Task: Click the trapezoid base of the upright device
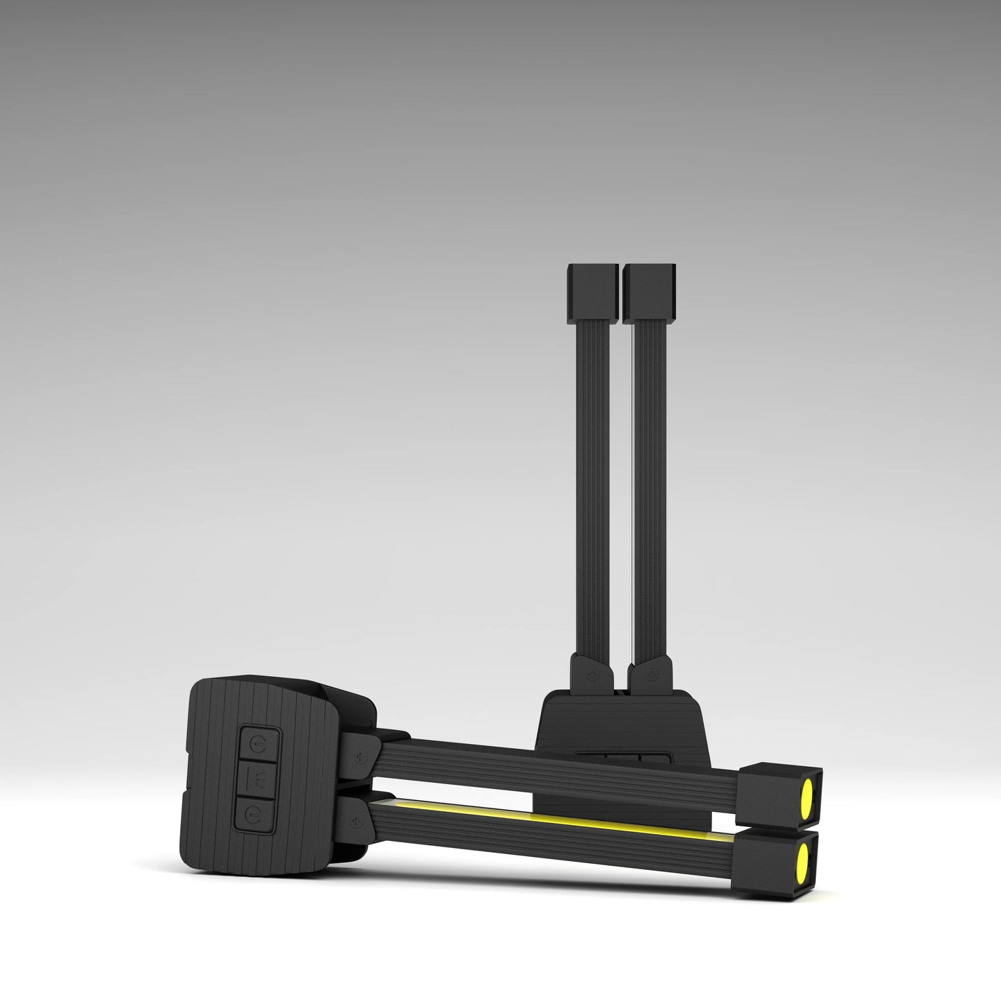tap(623, 720)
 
